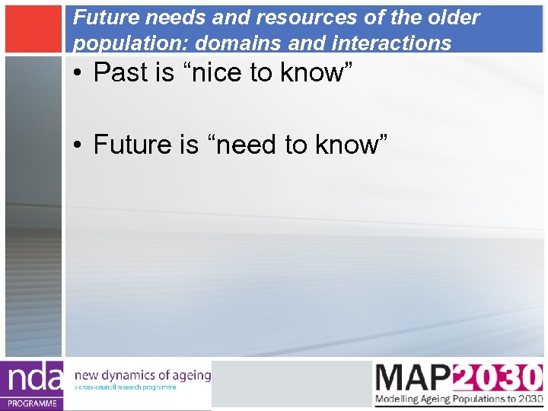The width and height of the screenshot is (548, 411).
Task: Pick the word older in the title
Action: point(452,18)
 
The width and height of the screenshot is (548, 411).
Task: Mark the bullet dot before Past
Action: point(79,73)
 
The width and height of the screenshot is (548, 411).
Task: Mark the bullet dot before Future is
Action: point(79,144)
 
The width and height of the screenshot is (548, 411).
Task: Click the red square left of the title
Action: point(32,28)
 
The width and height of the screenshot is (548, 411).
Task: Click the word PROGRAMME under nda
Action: point(32,403)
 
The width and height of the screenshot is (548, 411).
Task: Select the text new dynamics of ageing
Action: point(142,374)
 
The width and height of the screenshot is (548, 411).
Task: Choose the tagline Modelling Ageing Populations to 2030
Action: point(458,400)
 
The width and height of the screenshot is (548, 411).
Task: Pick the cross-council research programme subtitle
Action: point(126,387)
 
